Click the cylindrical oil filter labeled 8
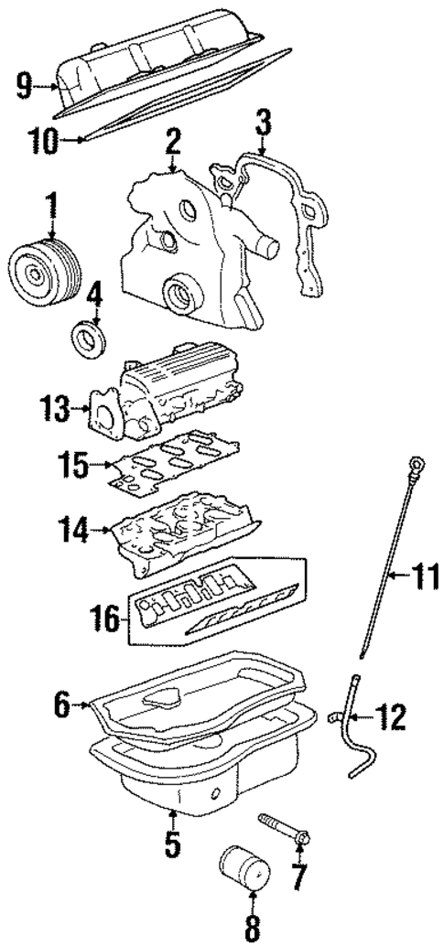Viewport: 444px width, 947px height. tap(244, 871)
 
